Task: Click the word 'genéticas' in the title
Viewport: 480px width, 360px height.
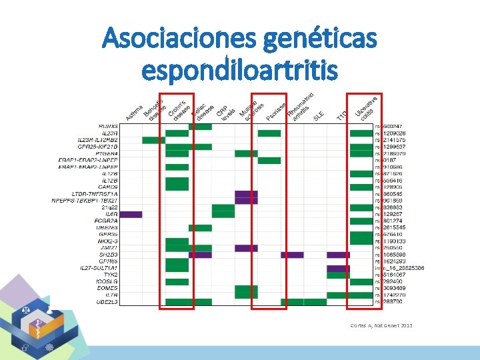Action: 320,41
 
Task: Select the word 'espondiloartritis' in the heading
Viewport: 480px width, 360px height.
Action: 240,69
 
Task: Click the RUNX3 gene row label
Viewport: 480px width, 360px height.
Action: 108,126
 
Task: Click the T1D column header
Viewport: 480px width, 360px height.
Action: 341,116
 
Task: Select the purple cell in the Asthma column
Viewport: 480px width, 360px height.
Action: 131,214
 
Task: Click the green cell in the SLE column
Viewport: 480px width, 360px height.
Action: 315,302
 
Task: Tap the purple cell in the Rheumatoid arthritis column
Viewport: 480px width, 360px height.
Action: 292,255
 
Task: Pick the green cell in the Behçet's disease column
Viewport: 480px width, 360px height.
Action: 154,140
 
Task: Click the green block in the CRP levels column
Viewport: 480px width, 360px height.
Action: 223,211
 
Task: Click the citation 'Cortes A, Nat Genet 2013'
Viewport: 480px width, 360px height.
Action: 381,325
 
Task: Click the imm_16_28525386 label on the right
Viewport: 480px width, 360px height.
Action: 400,268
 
